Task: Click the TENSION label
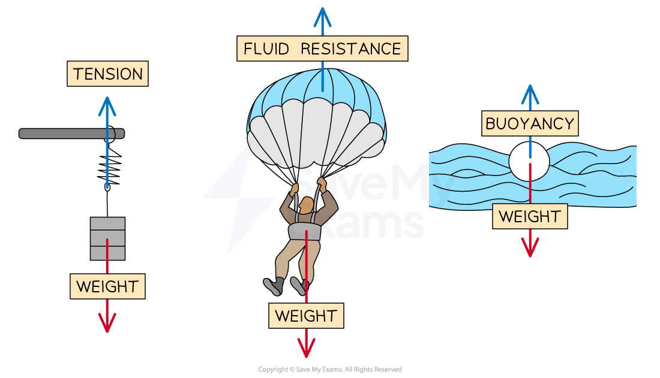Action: tap(107, 74)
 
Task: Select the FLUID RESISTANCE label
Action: tap(322, 49)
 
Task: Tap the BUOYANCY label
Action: tap(530, 124)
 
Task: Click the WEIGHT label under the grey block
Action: tap(107, 286)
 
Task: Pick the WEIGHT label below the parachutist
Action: tap(306, 315)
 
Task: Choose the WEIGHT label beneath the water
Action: tap(530, 216)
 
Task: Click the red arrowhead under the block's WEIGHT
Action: tap(107, 324)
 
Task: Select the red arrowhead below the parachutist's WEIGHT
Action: tap(306, 349)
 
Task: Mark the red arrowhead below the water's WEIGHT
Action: tap(530, 248)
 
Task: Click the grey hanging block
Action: tap(107, 238)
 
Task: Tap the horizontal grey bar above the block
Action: tap(71, 134)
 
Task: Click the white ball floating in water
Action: tap(529, 161)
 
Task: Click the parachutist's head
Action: tap(307, 205)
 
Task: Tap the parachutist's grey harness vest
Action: tap(305, 230)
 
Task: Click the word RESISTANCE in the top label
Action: tap(351, 49)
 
